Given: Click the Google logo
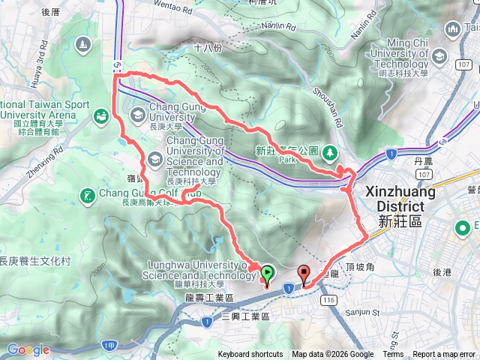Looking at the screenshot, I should (28, 349).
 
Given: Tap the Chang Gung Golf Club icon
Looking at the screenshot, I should (88, 196).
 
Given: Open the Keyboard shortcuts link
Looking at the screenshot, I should (250, 355).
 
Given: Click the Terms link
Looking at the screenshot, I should (393, 355).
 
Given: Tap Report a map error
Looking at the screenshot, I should (444, 355).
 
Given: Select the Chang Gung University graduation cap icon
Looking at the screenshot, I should (138, 115).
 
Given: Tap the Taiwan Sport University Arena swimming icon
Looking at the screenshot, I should (100, 116).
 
